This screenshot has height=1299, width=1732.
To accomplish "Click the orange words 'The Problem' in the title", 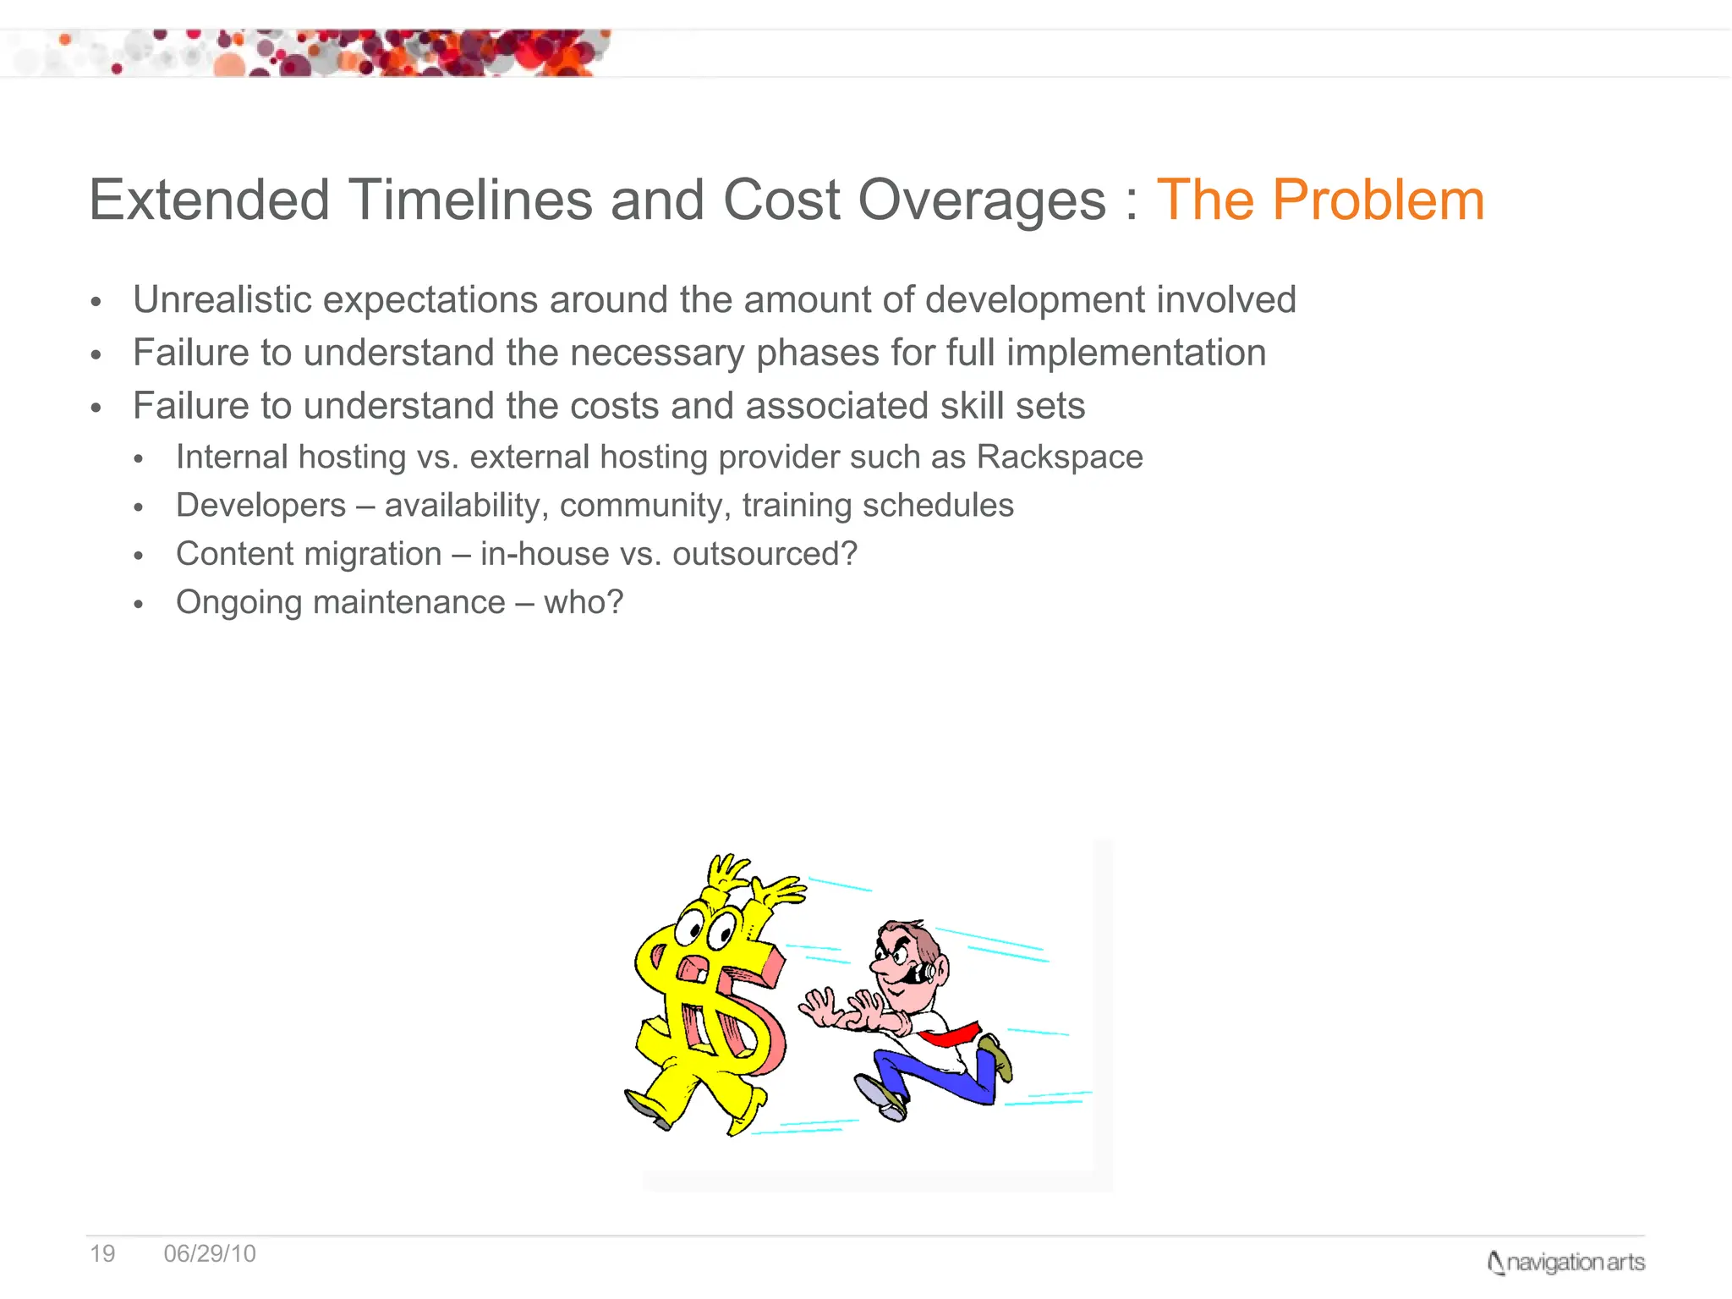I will pyautogui.click(x=1319, y=201).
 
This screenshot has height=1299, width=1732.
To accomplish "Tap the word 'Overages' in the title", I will pyautogui.click(x=982, y=201).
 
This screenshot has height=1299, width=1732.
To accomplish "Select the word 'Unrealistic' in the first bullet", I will pyautogui.click(x=222, y=300).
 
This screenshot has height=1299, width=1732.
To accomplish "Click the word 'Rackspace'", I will pyautogui.click(x=1059, y=458).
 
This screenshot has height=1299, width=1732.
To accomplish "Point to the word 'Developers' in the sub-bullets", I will pyautogui.click(x=260, y=506).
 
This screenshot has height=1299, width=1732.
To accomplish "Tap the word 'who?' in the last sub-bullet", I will pyautogui.click(x=583, y=603).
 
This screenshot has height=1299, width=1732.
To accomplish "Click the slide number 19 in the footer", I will pyautogui.click(x=102, y=1253).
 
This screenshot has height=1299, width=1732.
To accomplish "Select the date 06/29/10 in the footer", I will pyautogui.click(x=210, y=1253).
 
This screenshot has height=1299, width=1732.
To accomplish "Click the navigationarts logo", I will pyautogui.click(x=1565, y=1263).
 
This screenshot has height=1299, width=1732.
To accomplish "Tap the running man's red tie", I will pyautogui.click(x=951, y=1034).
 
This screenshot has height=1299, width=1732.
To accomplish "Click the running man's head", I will pyautogui.click(x=909, y=960).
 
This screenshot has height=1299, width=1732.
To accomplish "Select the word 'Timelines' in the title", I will pyautogui.click(x=470, y=201).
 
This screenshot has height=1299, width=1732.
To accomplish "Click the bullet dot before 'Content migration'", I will pyautogui.click(x=139, y=556).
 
